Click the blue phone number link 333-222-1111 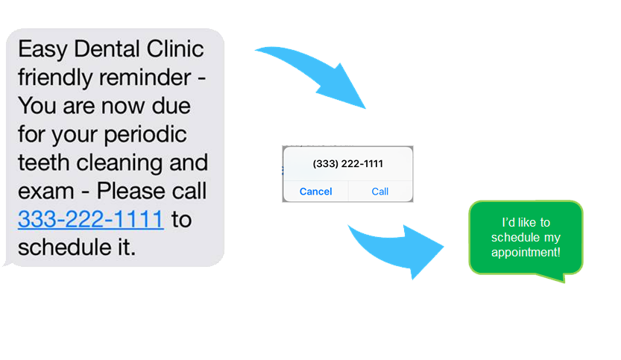coord(90,220)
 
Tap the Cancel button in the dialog coord(315,192)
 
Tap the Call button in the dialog coord(380,192)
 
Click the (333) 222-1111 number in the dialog coord(347,163)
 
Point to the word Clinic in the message coord(177,50)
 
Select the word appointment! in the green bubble coord(526,252)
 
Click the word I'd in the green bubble coord(511,223)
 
